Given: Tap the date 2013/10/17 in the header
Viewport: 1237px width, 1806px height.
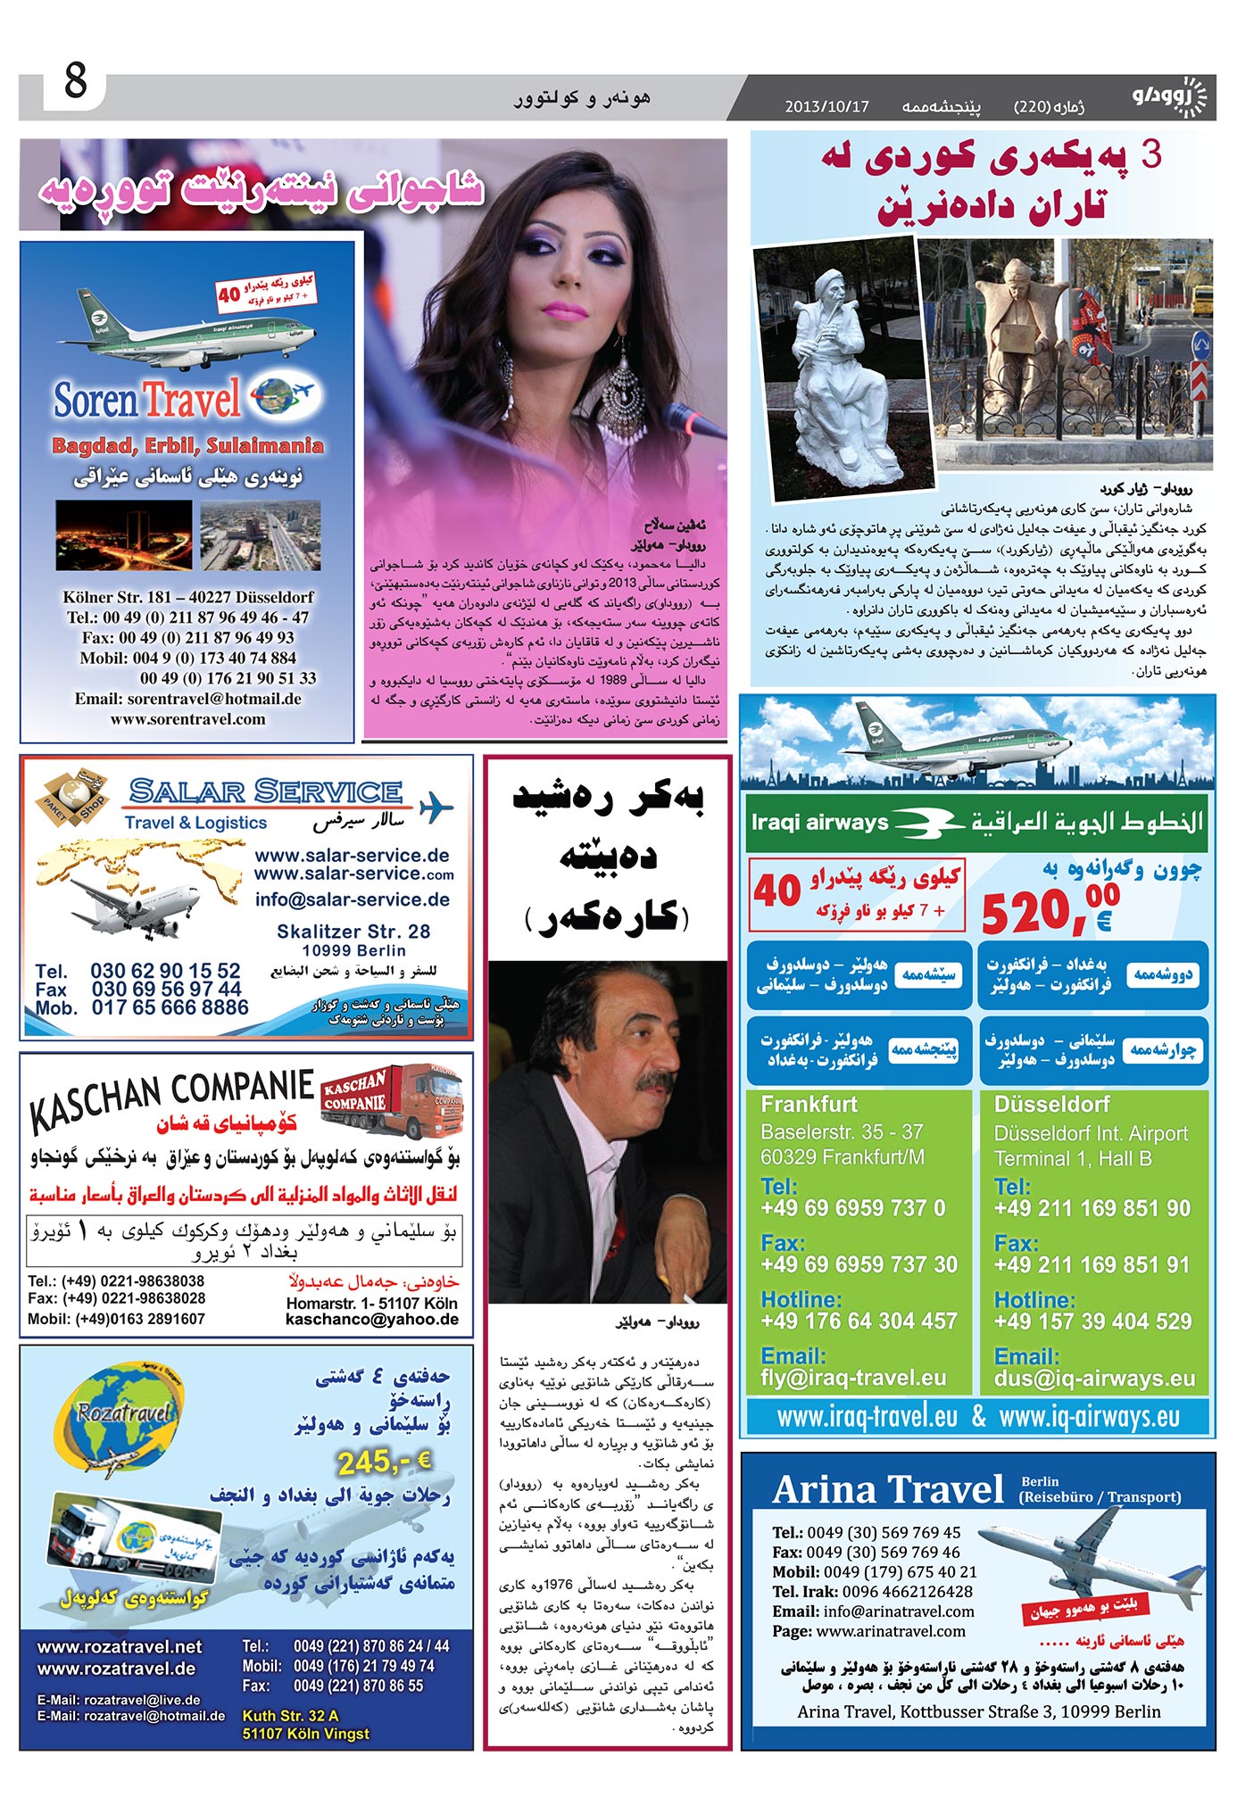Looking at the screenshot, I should tap(826, 107).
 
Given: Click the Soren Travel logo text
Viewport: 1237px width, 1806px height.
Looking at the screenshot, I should tap(147, 399).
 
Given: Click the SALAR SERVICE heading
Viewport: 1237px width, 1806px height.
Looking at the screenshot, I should tap(265, 791).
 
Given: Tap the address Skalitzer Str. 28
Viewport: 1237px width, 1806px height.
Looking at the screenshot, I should tap(353, 932).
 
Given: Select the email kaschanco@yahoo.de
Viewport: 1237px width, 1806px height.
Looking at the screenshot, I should tap(372, 1319).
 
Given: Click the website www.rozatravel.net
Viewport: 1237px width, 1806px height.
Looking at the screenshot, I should tap(120, 1646).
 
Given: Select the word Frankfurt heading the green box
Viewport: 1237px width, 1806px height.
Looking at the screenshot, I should tap(809, 1104).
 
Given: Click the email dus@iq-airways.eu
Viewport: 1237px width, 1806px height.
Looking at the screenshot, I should tap(1094, 1379).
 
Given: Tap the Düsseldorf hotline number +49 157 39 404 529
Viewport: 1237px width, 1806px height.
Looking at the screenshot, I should tap(1092, 1321).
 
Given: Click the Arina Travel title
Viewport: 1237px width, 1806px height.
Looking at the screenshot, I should tap(888, 1490).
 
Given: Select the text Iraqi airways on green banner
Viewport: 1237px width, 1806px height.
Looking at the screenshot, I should tap(819, 822).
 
